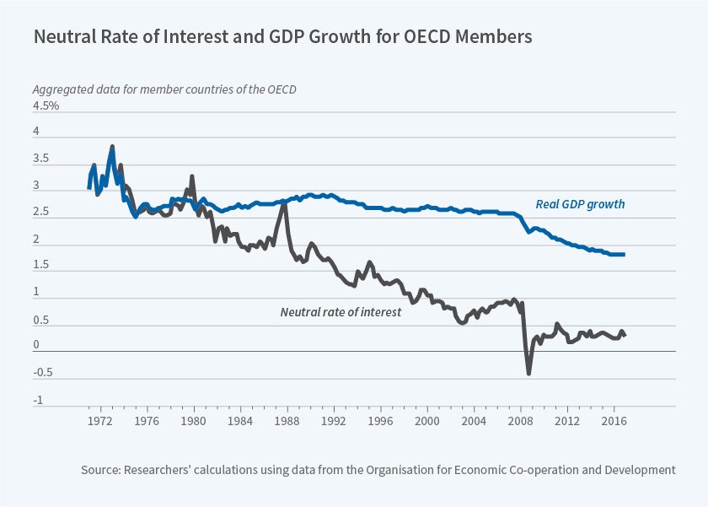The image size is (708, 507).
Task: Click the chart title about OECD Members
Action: point(282,38)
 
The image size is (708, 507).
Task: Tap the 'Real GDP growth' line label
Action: point(580,204)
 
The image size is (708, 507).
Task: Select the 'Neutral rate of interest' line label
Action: point(341,312)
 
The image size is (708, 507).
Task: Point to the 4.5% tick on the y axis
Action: point(46,106)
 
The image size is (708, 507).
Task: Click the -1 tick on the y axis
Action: point(37,401)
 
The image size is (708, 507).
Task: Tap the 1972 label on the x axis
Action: point(100,420)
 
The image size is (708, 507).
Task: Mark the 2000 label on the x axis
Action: point(428,420)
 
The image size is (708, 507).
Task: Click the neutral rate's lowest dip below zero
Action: point(529,373)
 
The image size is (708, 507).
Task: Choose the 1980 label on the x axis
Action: point(194,420)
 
